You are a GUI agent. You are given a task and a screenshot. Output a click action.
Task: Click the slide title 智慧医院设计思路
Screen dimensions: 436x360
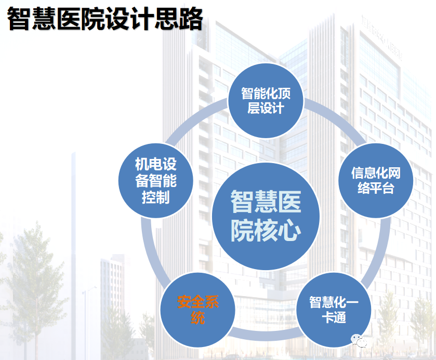[105, 19]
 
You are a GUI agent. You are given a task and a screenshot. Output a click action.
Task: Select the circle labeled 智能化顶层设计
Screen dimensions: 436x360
[266, 100]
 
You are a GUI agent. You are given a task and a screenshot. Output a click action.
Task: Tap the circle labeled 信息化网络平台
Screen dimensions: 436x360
[376, 180]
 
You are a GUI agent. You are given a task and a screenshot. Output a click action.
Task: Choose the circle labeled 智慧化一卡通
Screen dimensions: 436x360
[334, 310]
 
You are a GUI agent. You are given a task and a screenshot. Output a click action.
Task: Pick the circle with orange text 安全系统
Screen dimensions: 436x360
[197, 310]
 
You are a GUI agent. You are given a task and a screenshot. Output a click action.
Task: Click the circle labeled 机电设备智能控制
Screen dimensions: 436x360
[156, 180]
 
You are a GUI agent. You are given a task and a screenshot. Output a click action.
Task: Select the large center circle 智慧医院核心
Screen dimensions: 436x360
[266, 216]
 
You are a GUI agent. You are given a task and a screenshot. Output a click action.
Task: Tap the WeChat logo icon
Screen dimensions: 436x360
[359, 341]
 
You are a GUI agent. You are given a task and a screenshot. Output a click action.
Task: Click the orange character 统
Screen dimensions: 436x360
[197, 317]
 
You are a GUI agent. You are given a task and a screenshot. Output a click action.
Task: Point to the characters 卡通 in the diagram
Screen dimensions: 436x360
[334, 317]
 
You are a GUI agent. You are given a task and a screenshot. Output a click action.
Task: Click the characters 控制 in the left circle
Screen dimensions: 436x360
[156, 197]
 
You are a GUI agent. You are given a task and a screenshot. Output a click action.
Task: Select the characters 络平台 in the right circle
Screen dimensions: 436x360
[376, 188]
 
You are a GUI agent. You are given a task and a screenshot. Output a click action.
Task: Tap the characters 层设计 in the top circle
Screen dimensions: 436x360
[266, 108]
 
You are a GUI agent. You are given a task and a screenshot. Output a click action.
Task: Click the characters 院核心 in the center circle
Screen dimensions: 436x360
[266, 231]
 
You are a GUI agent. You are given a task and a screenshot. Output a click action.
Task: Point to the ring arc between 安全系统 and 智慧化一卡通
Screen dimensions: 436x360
[266, 336]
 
